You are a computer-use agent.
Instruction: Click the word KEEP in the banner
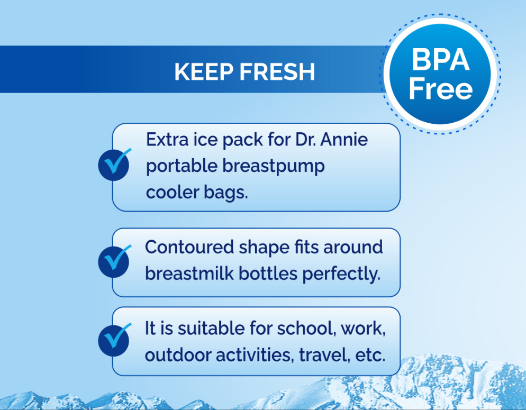point(204,72)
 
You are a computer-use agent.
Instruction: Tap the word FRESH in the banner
point(277,72)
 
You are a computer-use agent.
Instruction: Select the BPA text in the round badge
point(440,60)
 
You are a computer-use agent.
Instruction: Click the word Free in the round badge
point(440,89)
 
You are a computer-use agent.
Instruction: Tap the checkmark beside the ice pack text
point(114,165)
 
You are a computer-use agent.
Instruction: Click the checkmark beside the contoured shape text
point(114,261)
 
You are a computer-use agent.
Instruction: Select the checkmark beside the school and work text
point(114,340)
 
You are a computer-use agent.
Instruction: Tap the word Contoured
point(189,247)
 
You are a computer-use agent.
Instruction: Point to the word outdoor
point(178,355)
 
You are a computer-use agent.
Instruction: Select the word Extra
point(167,139)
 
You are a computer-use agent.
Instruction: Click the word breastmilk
point(189,274)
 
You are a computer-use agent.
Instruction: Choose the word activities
point(255,355)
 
